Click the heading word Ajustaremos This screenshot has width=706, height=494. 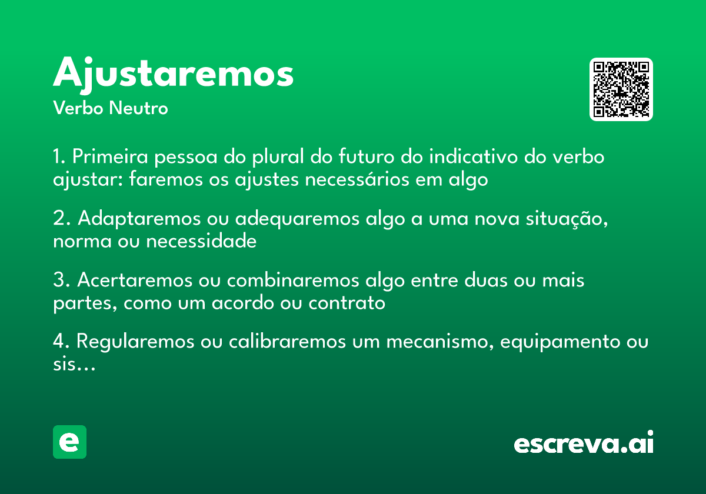(x=173, y=74)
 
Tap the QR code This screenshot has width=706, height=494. (x=621, y=89)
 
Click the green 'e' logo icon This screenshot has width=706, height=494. (x=69, y=442)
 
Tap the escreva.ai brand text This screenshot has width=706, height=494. (x=584, y=443)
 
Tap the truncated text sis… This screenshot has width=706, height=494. (x=74, y=365)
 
